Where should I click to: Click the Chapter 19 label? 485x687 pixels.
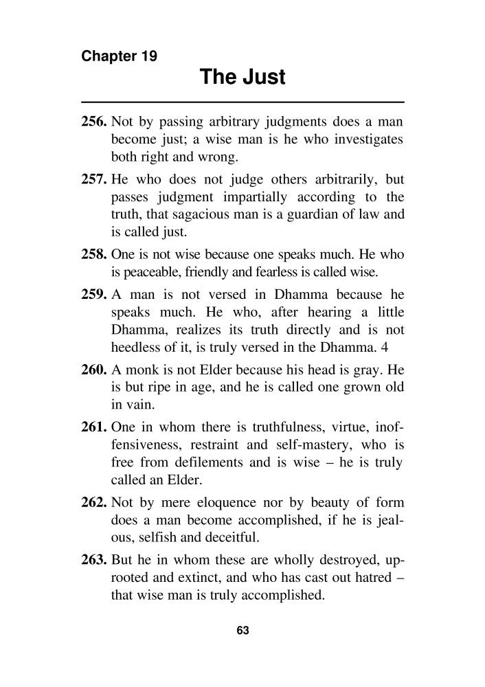(x=119, y=56)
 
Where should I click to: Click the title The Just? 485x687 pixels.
(x=242, y=78)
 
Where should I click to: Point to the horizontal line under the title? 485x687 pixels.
(x=242, y=102)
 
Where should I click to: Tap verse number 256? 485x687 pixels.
(x=94, y=123)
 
